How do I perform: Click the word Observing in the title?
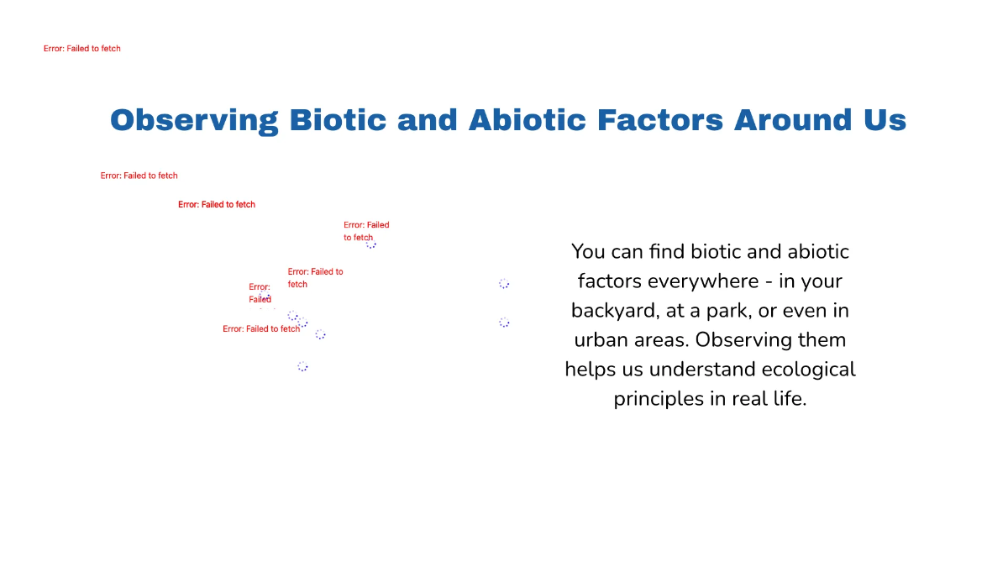pos(192,120)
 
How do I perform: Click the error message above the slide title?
pos(82,49)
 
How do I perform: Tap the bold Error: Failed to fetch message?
pos(217,204)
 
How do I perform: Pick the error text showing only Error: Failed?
pos(260,293)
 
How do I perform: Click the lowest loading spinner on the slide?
pos(302,367)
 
